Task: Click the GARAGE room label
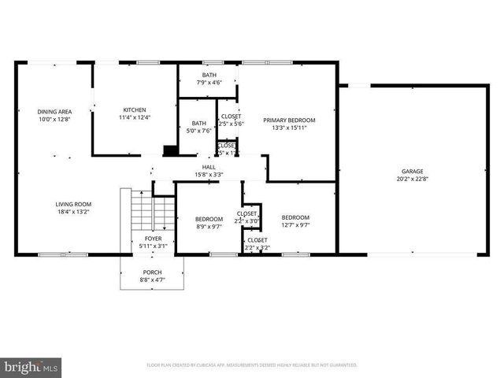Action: (413, 171)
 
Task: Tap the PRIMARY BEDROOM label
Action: (288, 120)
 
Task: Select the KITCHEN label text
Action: (134, 109)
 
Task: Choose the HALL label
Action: (209, 167)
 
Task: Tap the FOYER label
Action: (153, 239)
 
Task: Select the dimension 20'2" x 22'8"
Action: (413, 179)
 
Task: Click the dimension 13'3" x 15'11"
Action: (288, 128)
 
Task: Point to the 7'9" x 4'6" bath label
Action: (209, 79)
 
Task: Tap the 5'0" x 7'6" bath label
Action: (198, 127)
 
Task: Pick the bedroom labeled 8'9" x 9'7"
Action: (209, 222)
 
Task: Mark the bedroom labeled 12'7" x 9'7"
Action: (295, 221)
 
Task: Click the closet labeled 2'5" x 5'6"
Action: (232, 120)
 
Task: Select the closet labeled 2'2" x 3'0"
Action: (247, 217)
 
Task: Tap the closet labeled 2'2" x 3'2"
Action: (257, 243)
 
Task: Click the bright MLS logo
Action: (31, 367)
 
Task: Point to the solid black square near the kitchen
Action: (169, 151)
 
